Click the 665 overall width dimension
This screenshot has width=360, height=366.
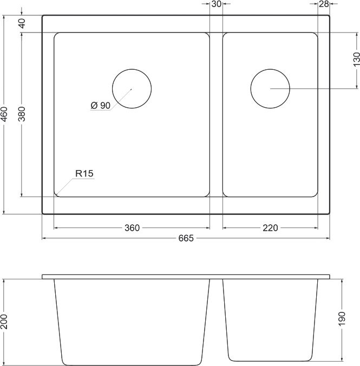pyautogui.click(x=186, y=238)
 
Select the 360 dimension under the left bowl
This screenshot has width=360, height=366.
pyautogui.click(x=132, y=228)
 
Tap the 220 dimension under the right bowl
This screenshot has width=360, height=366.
pyautogui.click(x=270, y=228)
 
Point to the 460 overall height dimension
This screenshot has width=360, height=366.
pyautogui.click(x=5, y=115)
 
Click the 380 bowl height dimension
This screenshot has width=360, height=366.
pyautogui.click(x=22, y=115)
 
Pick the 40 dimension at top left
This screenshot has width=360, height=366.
pyautogui.click(x=22, y=23)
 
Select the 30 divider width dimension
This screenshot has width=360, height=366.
pyautogui.click(x=216, y=4)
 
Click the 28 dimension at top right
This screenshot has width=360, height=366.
pyautogui.click(x=324, y=4)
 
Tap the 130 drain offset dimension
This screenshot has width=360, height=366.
pyautogui.click(x=356, y=59)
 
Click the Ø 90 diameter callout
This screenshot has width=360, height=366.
pyautogui.click(x=101, y=106)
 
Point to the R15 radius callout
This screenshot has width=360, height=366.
pyautogui.click(x=84, y=174)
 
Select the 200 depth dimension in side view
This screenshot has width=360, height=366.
pyautogui.click(x=5, y=322)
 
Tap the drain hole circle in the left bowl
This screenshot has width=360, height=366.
pyautogui.click(x=132, y=89)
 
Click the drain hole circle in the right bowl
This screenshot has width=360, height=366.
pyautogui.click(x=270, y=89)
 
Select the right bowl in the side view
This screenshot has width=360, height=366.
pyautogui.click(x=270, y=319)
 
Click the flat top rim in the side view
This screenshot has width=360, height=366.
pyautogui.click(x=186, y=277)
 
